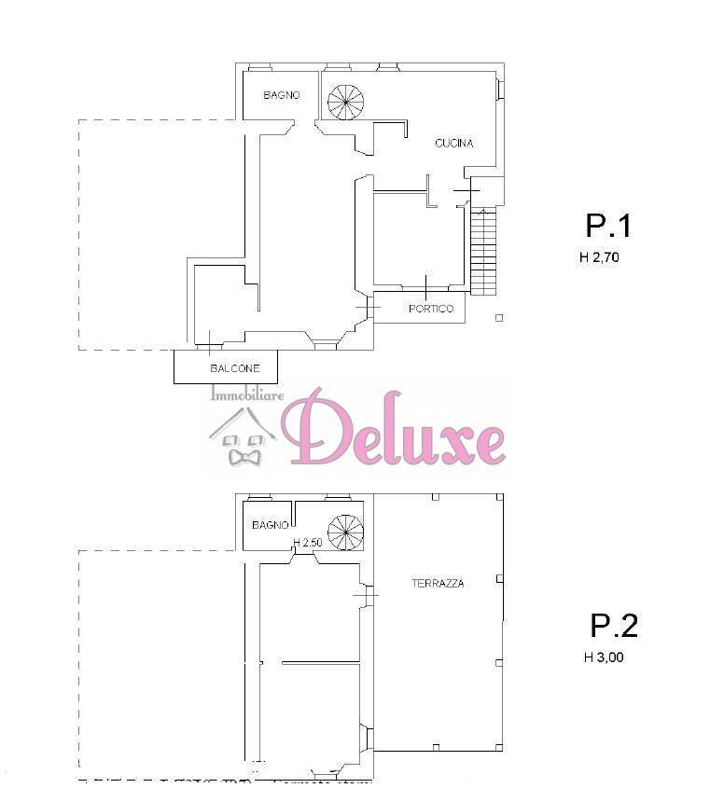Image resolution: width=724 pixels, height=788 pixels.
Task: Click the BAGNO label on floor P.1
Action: (x=281, y=95)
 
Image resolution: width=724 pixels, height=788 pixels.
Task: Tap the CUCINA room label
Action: (x=454, y=144)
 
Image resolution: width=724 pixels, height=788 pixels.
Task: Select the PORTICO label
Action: (x=431, y=309)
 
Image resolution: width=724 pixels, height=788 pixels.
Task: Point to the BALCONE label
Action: (x=235, y=368)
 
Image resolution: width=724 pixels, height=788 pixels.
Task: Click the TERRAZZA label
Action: (x=438, y=584)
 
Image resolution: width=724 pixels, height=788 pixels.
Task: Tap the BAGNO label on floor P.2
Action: (x=271, y=525)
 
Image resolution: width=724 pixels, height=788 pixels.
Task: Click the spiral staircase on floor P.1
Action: (x=346, y=102)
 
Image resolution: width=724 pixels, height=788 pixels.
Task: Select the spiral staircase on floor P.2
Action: (x=345, y=532)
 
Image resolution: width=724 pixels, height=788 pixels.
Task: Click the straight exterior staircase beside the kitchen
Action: (x=483, y=252)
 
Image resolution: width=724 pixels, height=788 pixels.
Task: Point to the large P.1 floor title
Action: (x=608, y=226)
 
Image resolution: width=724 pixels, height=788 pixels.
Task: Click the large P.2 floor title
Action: (x=614, y=625)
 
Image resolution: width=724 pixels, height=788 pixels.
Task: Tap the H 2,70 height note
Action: (x=599, y=257)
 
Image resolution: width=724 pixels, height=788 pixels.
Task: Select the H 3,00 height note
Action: (x=604, y=657)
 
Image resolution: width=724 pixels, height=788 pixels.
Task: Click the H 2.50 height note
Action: (x=308, y=543)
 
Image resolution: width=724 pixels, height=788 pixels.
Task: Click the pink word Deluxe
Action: (x=393, y=427)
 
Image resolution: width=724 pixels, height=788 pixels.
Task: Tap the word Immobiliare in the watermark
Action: (x=247, y=394)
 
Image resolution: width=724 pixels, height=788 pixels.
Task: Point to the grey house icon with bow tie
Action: (x=244, y=436)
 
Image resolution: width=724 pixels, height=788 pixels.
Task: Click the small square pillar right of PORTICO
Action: (x=499, y=318)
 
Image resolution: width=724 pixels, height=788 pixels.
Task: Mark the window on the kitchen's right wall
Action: (x=500, y=89)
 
